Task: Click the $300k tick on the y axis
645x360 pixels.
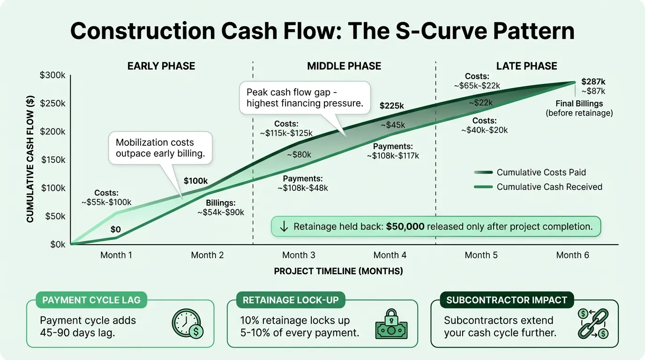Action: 53,75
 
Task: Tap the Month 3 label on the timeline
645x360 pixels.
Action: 299,255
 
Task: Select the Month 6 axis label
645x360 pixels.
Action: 572,255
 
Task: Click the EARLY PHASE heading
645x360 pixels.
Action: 161,66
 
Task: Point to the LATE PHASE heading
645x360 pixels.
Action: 526,66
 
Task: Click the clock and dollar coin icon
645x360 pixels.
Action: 187,324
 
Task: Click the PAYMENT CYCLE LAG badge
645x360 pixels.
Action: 91,300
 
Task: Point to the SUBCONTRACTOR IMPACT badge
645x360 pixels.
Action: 506,300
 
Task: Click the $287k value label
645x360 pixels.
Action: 593,81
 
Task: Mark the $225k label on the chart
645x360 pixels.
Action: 391,106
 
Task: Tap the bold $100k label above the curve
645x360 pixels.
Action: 196,180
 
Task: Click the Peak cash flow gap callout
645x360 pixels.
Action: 305,97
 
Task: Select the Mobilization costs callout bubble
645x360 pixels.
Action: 161,148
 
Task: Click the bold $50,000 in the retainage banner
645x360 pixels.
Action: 405,227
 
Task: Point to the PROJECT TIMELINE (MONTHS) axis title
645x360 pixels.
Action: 338,271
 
